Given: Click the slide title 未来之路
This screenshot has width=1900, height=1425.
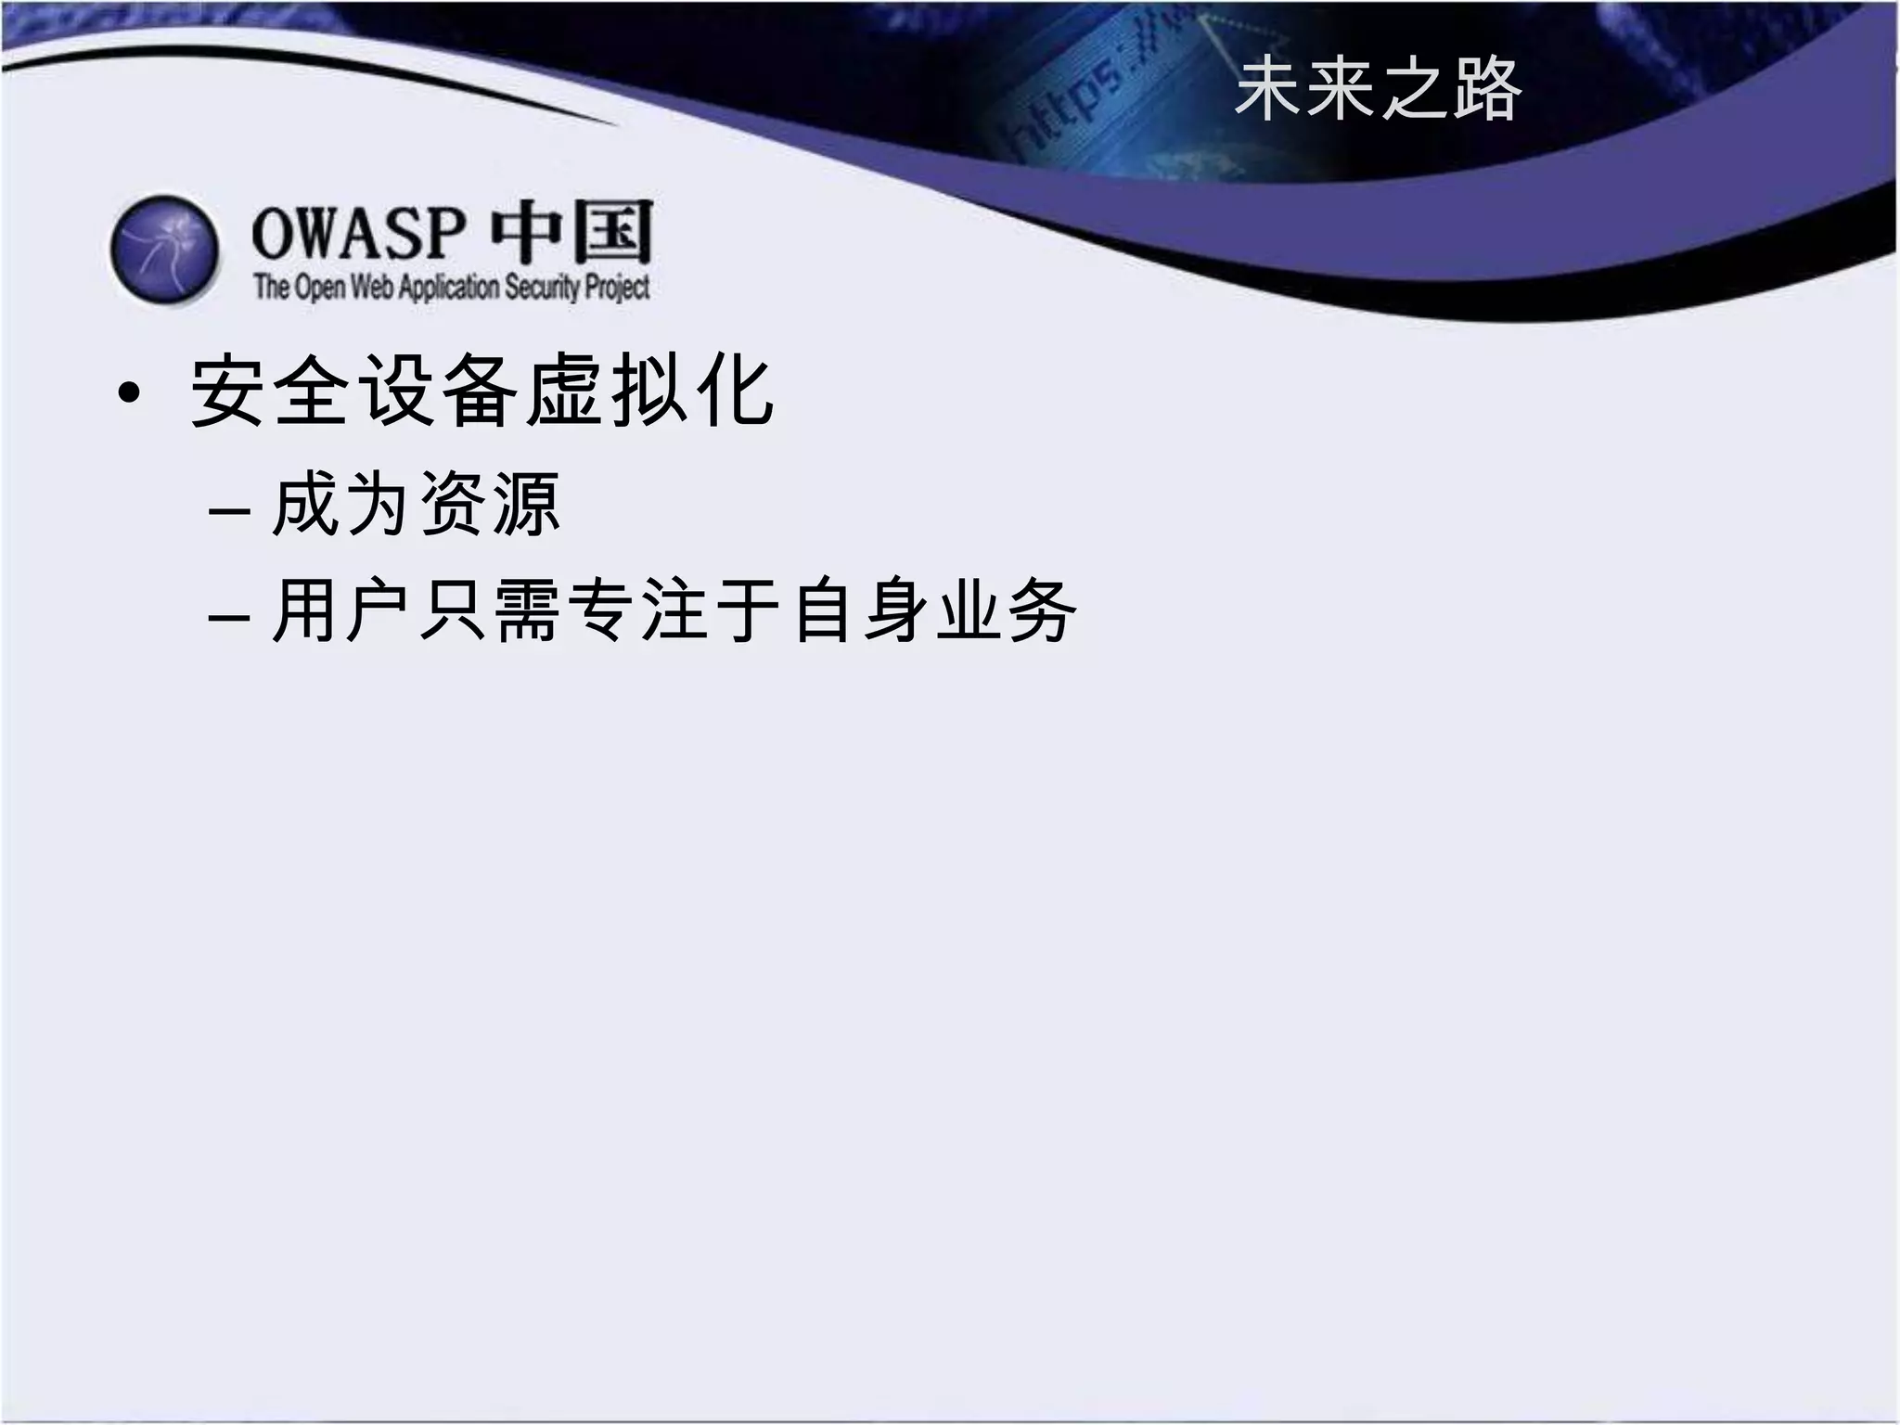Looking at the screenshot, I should pyautogui.click(x=1378, y=90).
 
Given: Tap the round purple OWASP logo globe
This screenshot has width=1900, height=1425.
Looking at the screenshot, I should pyautogui.click(x=165, y=249).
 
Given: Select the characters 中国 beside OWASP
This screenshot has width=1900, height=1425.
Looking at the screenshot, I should pyautogui.click(x=571, y=232).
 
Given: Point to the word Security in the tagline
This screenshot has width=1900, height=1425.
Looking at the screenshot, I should pyautogui.click(x=542, y=288).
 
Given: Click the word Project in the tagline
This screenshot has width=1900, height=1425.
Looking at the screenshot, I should pyautogui.click(x=617, y=288).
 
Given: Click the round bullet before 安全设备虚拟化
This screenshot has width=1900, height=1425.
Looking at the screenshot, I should pyautogui.click(x=130, y=393).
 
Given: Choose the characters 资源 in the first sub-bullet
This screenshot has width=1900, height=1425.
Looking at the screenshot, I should pyautogui.click(x=490, y=505).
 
